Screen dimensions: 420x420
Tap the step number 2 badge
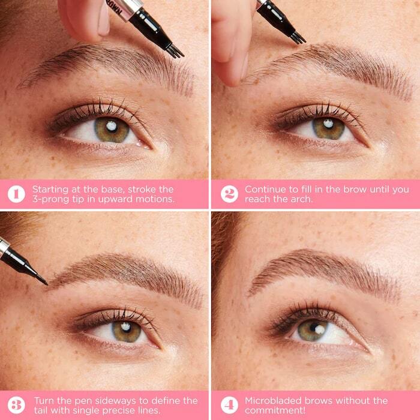[x=229, y=194]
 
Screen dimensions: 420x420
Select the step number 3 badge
[x=16, y=405]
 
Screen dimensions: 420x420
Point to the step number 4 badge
[x=229, y=405]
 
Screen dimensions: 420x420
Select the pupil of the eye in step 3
[x=127, y=329]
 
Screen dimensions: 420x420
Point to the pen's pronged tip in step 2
[x=297, y=38]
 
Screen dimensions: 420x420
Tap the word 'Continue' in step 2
[x=265, y=189]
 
